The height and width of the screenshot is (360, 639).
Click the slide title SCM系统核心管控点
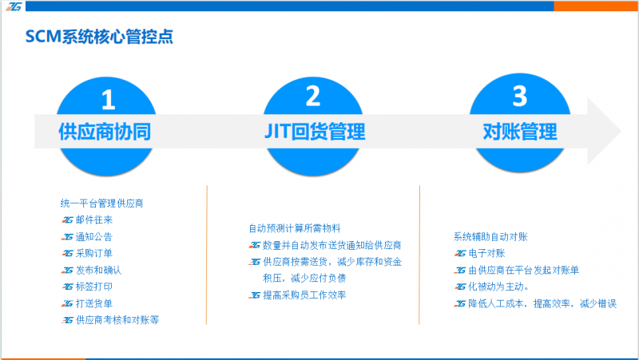[x=99, y=37]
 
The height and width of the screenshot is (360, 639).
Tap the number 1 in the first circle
[x=108, y=100]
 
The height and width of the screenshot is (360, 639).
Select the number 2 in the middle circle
[x=313, y=96]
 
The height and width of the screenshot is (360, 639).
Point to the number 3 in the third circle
[x=520, y=96]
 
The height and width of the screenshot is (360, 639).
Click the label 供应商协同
[x=105, y=132]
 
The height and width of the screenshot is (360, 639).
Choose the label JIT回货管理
[x=315, y=132]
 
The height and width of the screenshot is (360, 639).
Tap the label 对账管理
[x=520, y=132]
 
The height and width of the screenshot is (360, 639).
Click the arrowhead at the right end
[x=604, y=131]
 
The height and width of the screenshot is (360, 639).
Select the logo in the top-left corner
[x=14, y=6]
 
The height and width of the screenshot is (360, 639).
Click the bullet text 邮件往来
[x=94, y=220]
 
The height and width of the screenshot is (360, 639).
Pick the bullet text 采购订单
[x=94, y=253]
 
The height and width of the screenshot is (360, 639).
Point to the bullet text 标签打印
[x=94, y=287]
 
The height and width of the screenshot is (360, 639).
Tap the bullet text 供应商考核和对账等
[x=117, y=320]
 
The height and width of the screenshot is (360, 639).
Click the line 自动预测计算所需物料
[x=295, y=228]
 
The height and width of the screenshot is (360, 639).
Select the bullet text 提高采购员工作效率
[x=304, y=295]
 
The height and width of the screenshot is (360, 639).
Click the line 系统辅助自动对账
[x=490, y=236]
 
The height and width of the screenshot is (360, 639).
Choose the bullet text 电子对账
[x=487, y=253]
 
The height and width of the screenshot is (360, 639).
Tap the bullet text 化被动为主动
[x=498, y=287]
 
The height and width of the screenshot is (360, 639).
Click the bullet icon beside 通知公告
[x=67, y=236]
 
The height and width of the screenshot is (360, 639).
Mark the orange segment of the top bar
[x=595, y=6]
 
